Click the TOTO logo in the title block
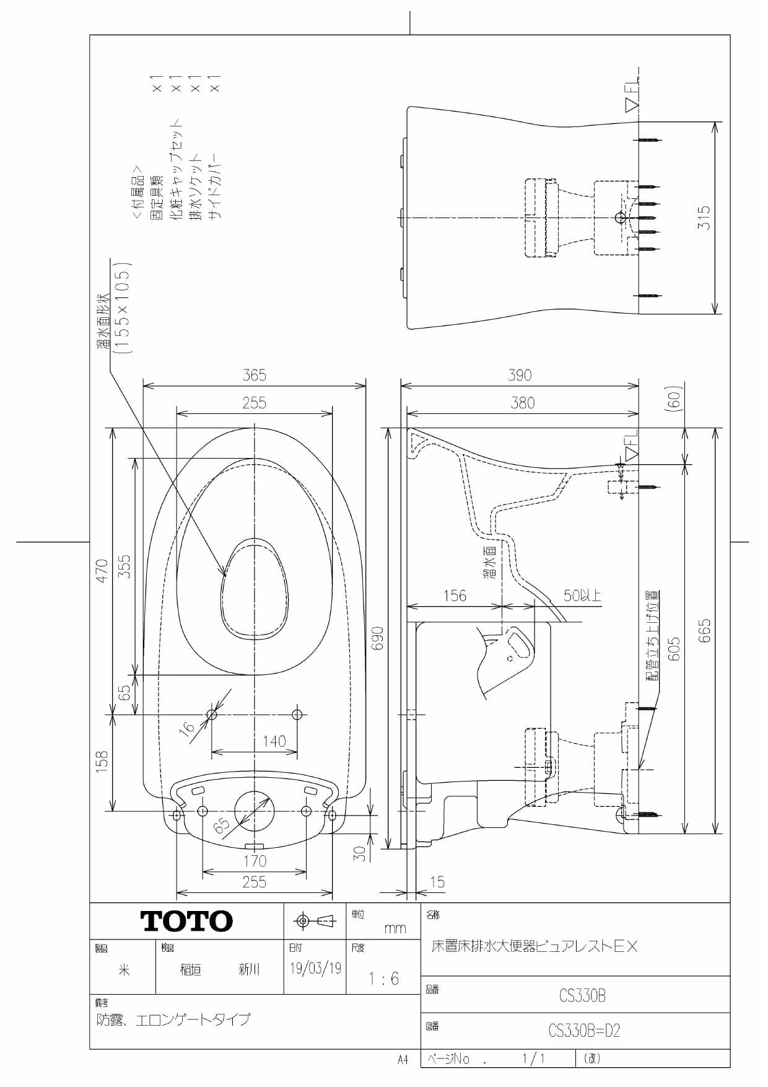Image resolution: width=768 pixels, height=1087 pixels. click(x=186, y=921)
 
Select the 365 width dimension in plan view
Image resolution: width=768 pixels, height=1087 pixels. click(x=254, y=375)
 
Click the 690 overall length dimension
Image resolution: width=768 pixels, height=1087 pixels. click(x=377, y=638)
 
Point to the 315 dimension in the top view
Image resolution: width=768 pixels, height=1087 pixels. click(x=704, y=218)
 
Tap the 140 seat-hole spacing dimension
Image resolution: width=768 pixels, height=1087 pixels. click(x=274, y=741)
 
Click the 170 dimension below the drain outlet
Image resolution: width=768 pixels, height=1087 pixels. click(x=255, y=861)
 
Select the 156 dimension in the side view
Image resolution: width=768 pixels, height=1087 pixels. click(x=454, y=596)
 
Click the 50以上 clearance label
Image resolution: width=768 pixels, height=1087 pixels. click(x=582, y=596)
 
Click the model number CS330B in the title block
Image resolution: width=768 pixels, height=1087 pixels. click(x=582, y=995)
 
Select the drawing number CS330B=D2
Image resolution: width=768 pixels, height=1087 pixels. click(x=583, y=1031)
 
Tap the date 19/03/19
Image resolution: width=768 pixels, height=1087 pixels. click(x=315, y=968)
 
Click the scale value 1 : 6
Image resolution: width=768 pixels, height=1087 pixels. click(x=383, y=979)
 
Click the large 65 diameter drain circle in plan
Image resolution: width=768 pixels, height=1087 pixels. click(x=255, y=811)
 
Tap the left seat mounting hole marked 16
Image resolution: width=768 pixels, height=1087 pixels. click(x=212, y=715)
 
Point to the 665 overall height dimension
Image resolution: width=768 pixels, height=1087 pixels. click(x=704, y=630)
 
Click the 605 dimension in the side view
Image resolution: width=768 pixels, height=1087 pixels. click(x=674, y=648)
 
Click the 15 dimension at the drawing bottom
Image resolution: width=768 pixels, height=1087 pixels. click(x=437, y=881)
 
